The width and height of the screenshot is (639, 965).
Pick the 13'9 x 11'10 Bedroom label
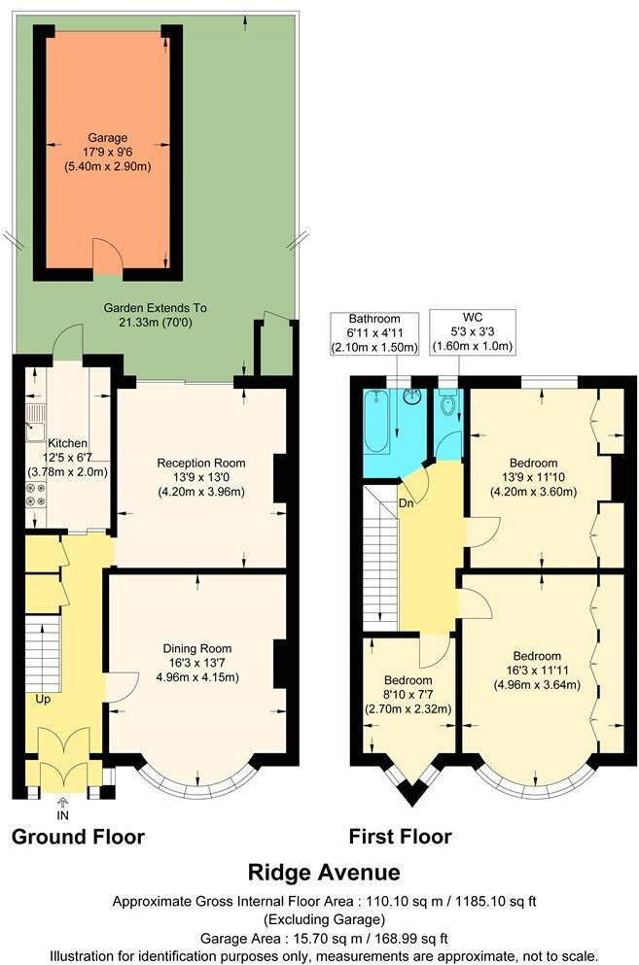tap(538, 476)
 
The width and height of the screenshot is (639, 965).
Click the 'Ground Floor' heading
tap(78, 837)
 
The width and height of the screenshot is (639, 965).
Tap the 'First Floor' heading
tap(400, 837)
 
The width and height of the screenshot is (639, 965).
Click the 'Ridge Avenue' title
tap(323, 872)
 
